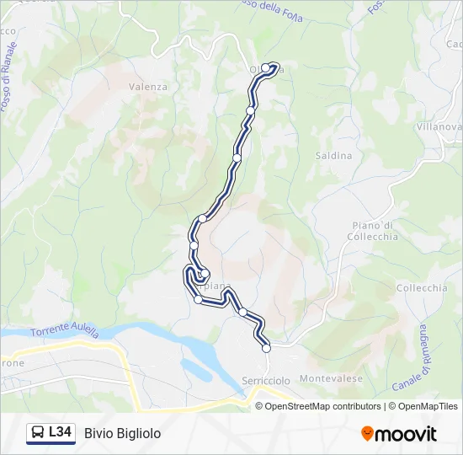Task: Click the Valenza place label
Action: (148, 87)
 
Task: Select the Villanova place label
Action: (439, 126)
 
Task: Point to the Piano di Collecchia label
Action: (370, 231)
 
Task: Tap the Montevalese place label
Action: (331, 379)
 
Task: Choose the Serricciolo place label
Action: (265, 381)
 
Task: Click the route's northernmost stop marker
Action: (266, 68)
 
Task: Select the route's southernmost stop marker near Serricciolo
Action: (266, 348)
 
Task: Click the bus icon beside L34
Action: (38, 433)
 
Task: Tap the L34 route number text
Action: (60, 433)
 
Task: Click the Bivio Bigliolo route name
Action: (122, 433)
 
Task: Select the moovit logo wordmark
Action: (406, 434)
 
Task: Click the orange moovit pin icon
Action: (367, 434)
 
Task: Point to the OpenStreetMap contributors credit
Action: (322, 406)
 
